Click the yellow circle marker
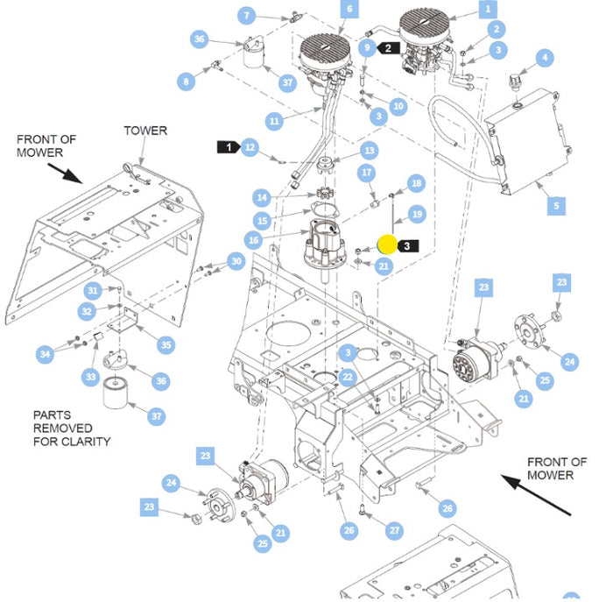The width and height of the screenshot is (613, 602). [x=387, y=244]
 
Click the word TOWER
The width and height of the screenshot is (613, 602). [x=145, y=131]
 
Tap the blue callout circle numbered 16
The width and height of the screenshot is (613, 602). [x=254, y=240]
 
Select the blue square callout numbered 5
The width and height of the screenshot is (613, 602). [x=556, y=205]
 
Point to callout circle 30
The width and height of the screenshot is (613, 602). [x=236, y=261]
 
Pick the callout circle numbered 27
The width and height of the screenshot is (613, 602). [x=394, y=530]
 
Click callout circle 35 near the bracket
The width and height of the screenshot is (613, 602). [x=166, y=345]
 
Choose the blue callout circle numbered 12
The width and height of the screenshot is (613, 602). [x=250, y=147]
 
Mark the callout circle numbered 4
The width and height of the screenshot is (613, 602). [x=545, y=59]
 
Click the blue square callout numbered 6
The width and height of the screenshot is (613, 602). [x=349, y=10]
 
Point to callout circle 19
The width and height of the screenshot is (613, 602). [x=417, y=214]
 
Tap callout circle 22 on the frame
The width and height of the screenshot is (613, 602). [x=348, y=377]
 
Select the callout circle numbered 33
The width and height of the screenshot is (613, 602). [x=91, y=377]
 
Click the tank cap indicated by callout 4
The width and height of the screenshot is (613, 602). [x=515, y=82]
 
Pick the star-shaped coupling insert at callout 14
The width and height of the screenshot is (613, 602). [x=322, y=194]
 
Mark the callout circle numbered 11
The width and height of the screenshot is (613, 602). [x=274, y=121]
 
